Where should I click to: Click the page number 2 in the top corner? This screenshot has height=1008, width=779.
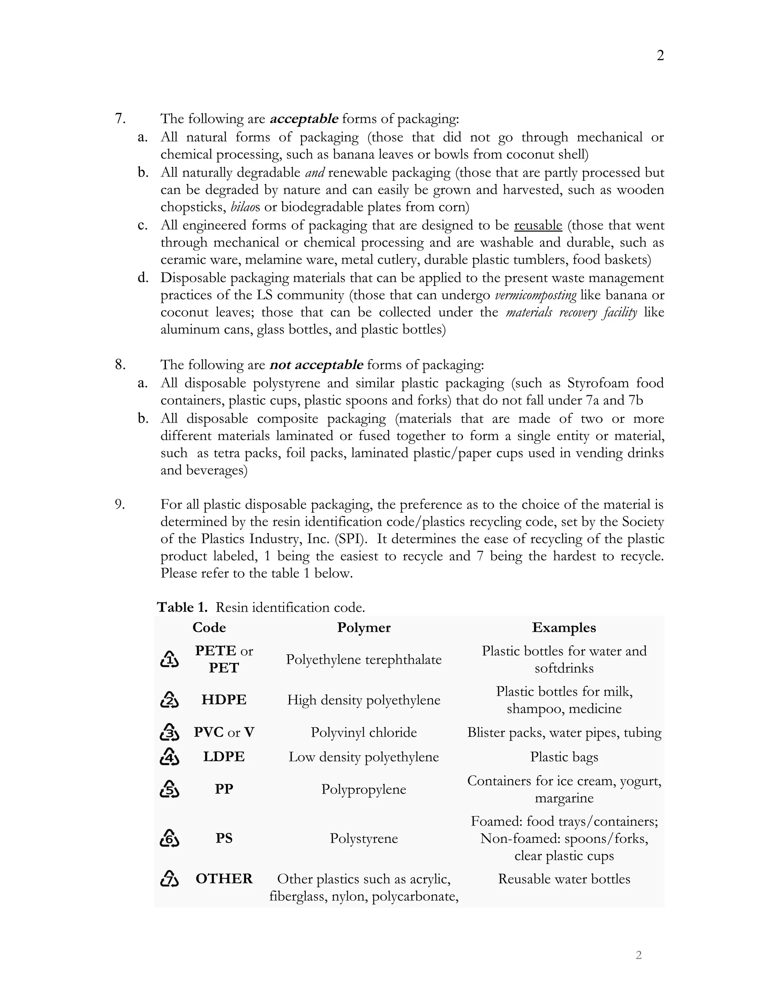(660, 56)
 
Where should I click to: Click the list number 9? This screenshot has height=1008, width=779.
(119, 504)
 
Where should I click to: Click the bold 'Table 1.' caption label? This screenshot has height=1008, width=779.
(182, 607)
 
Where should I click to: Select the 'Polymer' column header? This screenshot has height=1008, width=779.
(364, 628)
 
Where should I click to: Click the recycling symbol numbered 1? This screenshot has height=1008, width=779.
(169, 660)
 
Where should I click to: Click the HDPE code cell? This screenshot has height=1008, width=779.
(224, 700)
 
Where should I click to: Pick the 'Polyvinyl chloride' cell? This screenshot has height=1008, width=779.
(364, 733)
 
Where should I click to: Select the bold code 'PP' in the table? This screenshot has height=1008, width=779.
(224, 789)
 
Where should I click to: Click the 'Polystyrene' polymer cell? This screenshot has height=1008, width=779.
(364, 838)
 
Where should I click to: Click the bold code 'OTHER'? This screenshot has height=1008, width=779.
(224, 879)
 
